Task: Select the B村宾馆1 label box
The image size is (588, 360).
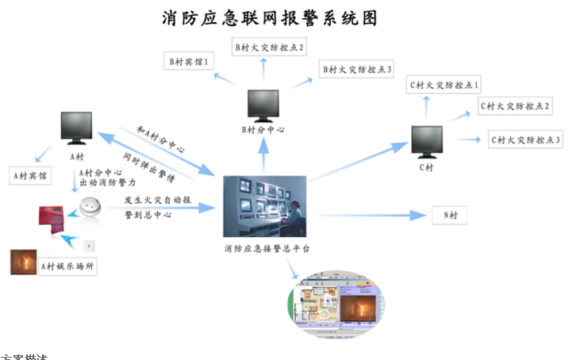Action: tap(188, 61)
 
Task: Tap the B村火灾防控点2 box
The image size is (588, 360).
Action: tap(263, 48)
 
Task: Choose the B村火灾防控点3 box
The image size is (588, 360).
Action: tap(356, 71)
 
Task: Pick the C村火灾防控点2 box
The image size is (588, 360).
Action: tap(515, 106)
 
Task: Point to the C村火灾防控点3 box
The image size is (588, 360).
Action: tap(525, 140)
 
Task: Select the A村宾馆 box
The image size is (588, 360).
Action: tap(29, 174)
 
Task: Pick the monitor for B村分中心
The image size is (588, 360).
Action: tap(265, 105)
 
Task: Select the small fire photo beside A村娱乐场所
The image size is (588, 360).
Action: tap(23, 262)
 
